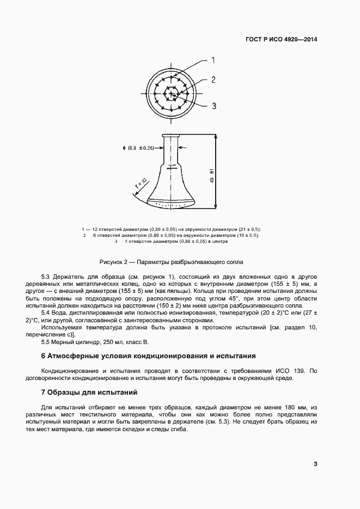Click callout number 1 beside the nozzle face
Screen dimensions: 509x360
click(213, 60)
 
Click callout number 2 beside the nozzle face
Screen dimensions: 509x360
click(213, 79)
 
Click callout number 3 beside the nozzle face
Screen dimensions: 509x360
click(214, 106)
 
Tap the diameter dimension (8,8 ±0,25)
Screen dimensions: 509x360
click(139, 148)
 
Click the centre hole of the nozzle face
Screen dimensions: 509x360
click(172, 94)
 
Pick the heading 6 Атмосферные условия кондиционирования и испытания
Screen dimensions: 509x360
click(148, 356)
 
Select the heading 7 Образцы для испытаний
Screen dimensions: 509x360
click(90, 393)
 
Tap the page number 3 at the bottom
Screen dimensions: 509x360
click(315, 464)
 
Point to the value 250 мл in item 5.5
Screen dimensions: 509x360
click(117, 342)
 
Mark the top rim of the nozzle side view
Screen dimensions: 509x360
click(171, 134)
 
